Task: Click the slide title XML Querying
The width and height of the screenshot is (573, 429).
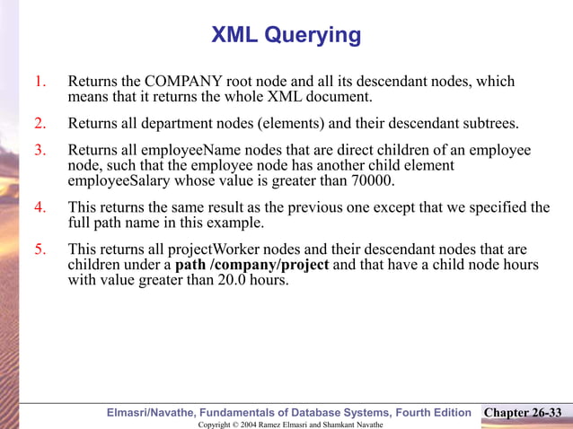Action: [286, 35]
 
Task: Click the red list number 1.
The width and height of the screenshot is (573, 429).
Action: [40, 83]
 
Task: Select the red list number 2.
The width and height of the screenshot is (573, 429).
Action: [40, 123]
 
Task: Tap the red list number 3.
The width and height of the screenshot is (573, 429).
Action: [40, 151]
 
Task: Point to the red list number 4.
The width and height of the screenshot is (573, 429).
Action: [40, 208]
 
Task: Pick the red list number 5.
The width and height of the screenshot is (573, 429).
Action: [40, 249]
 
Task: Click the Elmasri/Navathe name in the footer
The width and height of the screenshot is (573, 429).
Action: [154, 413]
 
